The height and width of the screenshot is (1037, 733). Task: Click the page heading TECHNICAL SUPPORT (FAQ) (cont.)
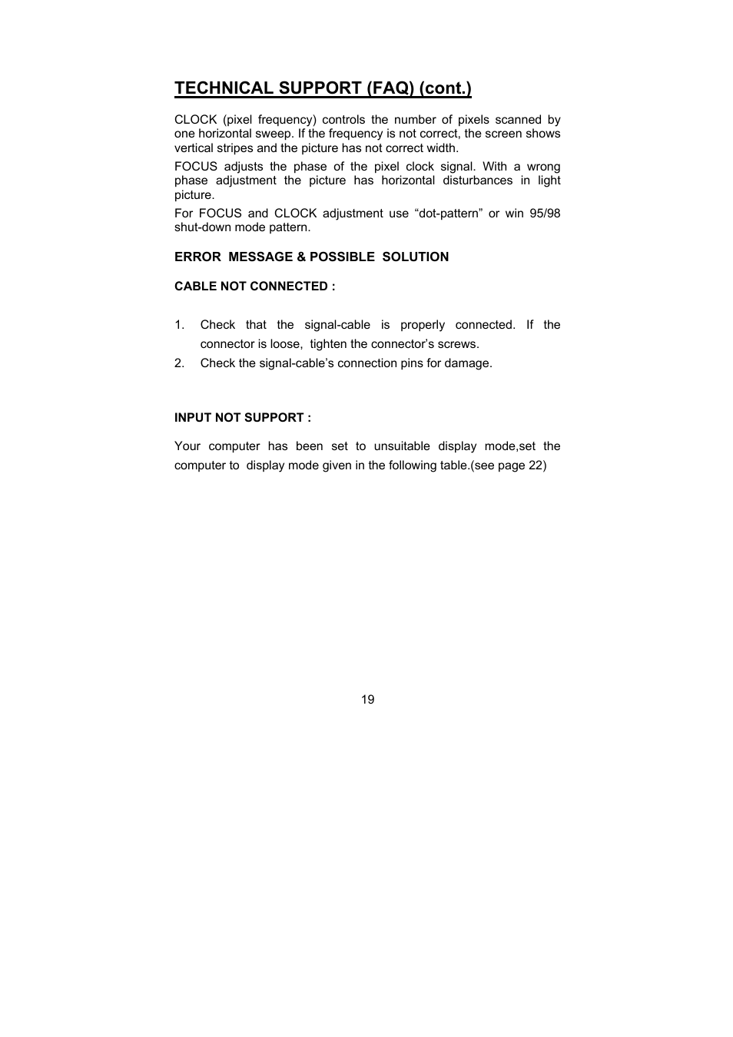[323, 88]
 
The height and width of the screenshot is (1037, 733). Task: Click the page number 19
[367, 700]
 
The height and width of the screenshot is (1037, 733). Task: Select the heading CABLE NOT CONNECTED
[254, 287]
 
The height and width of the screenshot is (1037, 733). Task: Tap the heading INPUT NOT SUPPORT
[242, 418]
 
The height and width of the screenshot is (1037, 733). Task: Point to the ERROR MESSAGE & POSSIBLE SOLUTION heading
[311, 257]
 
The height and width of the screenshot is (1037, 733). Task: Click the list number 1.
[179, 325]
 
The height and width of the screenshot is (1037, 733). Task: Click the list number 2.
[179, 363]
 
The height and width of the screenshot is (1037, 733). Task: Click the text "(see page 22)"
[509, 465]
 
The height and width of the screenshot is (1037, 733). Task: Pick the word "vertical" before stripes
[196, 148]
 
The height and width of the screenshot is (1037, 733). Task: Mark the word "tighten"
[328, 344]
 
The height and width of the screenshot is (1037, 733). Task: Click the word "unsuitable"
[402, 446]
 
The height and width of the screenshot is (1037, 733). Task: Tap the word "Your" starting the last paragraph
[187, 446]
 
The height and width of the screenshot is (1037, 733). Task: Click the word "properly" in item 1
[422, 325]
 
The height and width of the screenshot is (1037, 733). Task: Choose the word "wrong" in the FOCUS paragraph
[543, 167]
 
